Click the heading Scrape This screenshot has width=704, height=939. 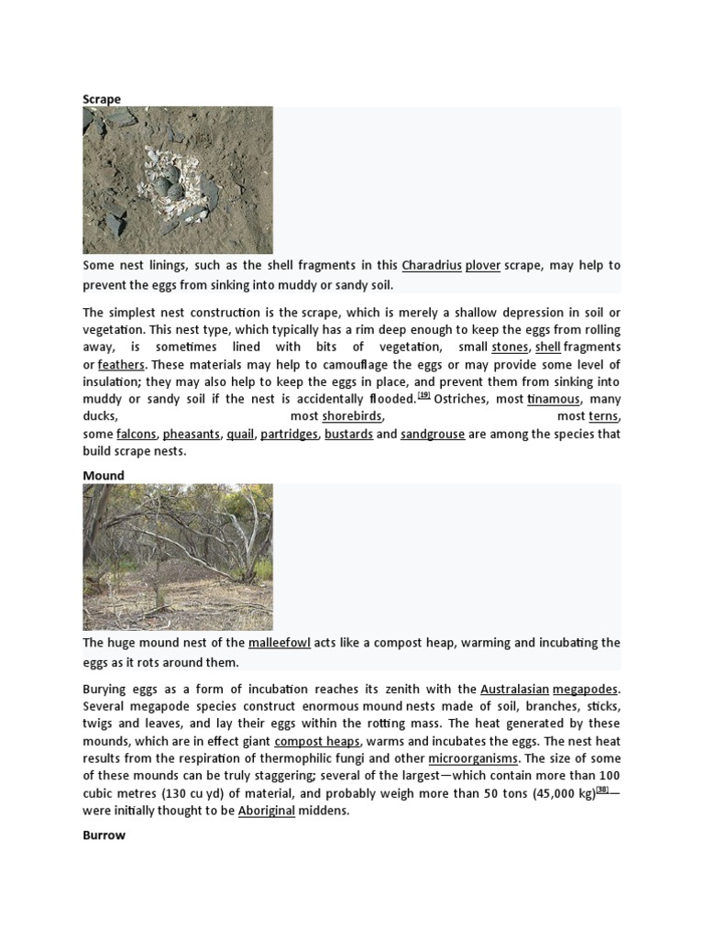pyautogui.click(x=102, y=99)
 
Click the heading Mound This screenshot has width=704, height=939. pyautogui.click(x=104, y=476)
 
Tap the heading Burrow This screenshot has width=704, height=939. pyautogui.click(x=104, y=836)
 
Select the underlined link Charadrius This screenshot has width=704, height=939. pyautogui.click(x=431, y=265)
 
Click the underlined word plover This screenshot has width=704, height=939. pyautogui.click(x=483, y=265)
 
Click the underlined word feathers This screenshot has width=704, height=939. pyautogui.click(x=121, y=364)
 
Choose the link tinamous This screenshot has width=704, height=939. pyautogui.click(x=554, y=399)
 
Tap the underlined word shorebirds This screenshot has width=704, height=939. pyautogui.click(x=352, y=416)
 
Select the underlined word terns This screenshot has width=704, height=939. pyautogui.click(x=603, y=416)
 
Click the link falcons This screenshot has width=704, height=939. pyautogui.click(x=136, y=434)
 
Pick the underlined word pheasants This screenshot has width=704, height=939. pyautogui.click(x=192, y=434)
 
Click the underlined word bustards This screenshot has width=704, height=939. pyautogui.click(x=348, y=434)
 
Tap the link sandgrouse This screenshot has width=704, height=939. pyautogui.click(x=433, y=434)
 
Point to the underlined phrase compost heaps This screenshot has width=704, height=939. pyautogui.click(x=317, y=741)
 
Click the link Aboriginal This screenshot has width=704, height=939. pyautogui.click(x=267, y=812)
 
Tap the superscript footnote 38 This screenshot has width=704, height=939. pyautogui.click(x=602, y=790)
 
